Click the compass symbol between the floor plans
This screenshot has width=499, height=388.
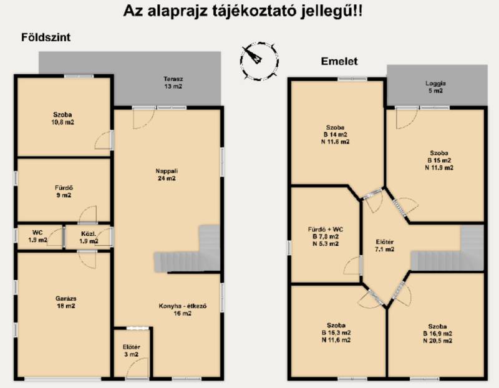(x=259, y=61)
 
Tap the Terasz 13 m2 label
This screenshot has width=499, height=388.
(x=173, y=82)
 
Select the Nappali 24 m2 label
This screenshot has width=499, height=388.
(x=167, y=175)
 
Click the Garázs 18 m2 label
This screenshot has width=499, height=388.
(x=65, y=302)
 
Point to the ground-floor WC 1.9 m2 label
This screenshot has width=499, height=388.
(x=37, y=236)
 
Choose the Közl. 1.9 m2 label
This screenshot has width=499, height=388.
(x=89, y=238)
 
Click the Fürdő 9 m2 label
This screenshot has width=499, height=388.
(x=64, y=192)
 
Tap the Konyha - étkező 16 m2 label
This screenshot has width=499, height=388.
(x=183, y=309)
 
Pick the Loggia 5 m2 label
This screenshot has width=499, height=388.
(x=435, y=87)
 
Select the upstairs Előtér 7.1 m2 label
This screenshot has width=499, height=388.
(x=385, y=245)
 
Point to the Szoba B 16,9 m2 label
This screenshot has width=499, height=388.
(x=437, y=334)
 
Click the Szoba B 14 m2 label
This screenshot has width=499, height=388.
(x=335, y=134)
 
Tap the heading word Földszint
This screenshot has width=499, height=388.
(x=46, y=37)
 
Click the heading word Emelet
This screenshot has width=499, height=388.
(x=339, y=61)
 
